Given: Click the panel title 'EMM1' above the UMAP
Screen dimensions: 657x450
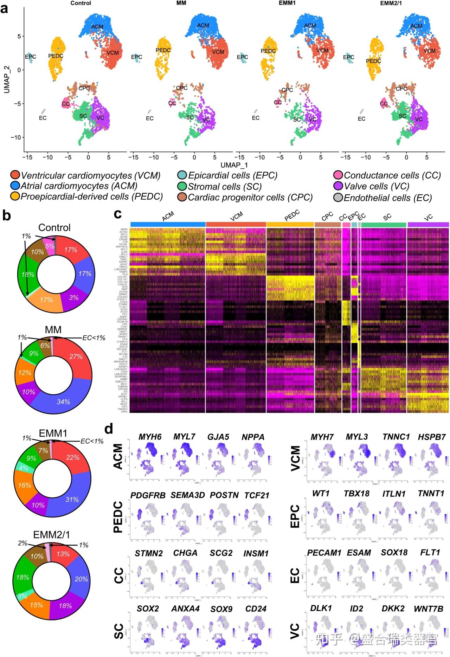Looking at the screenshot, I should (x=287, y=3).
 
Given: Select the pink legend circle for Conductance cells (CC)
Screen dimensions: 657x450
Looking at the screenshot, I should (x=338, y=175).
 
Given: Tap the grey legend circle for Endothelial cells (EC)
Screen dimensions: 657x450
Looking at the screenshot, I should (x=338, y=198).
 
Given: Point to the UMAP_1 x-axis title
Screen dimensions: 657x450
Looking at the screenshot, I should (x=234, y=165).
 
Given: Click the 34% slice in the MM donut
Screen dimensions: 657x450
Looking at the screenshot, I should (x=63, y=401).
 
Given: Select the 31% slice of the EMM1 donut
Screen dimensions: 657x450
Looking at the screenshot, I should (x=72, y=500).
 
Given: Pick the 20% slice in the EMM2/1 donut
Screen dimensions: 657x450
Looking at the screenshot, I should (x=81, y=579).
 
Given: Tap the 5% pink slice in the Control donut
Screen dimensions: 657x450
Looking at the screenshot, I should (x=50, y=246).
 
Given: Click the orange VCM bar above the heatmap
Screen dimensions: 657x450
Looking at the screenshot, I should (x=236, y=224).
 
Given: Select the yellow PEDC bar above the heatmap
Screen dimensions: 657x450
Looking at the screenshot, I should (x=290, y=224).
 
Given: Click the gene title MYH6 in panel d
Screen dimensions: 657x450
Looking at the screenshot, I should (x=150, y=437).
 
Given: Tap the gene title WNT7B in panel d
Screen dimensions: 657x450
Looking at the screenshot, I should (x=428, y=609).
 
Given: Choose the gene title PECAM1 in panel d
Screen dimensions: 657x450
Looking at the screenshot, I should (x=324, y=553).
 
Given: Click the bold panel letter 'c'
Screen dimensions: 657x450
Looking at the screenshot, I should (x=118, y=214).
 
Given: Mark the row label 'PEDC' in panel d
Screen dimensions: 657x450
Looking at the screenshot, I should (x=118, y=517).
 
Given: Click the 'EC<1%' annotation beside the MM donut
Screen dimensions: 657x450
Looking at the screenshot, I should (x=94, y=338).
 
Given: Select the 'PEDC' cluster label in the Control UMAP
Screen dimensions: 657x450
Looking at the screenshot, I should (x=56, y=56).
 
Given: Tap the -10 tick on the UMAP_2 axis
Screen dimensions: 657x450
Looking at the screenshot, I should (x=16, y=137).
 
